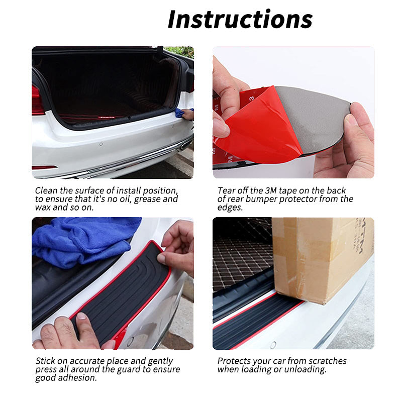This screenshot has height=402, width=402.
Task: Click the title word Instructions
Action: (240, 19)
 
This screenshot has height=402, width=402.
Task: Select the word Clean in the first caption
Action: (46, 191)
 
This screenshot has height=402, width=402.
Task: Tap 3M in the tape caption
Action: (271, 191)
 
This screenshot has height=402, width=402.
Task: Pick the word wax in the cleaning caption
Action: (43, 207)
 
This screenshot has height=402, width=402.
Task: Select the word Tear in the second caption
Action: (227, 191)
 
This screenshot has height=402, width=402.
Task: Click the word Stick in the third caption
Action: (46, 361)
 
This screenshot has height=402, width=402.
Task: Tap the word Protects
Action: (235, 361)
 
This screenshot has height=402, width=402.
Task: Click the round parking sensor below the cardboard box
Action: (273, 345)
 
